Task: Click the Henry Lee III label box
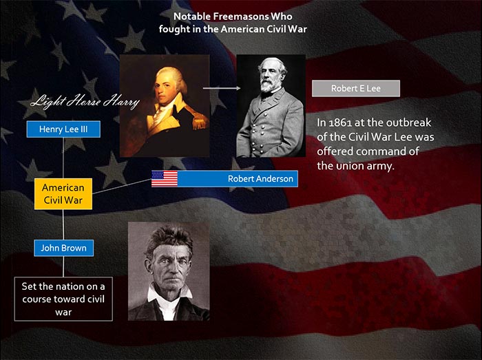pos(63,129)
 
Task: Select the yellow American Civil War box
pos(63,194)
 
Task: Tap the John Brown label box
pos(63,248)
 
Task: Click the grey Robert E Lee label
pos(356,89)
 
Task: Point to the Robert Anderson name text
pos(260,179)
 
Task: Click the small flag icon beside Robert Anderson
pos(165,179)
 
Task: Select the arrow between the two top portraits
pos(222,88)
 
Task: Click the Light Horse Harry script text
pos(85,101)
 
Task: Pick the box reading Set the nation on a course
pos(63,299)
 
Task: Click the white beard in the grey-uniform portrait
pos(269,83)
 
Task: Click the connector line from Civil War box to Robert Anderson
pos(122,187)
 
